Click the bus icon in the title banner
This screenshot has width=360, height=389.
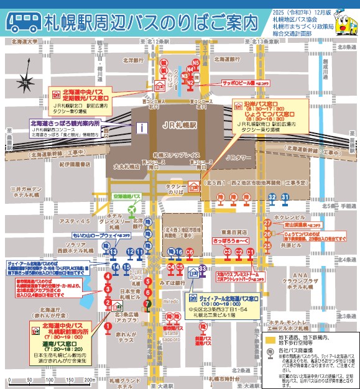click(24, 21)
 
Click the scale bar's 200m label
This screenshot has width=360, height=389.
click(89, 380)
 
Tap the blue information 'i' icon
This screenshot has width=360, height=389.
click(142, 128)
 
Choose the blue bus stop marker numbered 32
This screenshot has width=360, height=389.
click(272, 197)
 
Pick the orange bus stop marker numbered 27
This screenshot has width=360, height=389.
click(267, 222)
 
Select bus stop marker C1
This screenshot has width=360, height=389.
click(250, 252)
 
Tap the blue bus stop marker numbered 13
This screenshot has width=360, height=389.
click(130, 252)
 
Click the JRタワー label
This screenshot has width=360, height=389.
click(238, 158)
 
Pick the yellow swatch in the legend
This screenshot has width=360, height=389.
click(270, 340)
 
